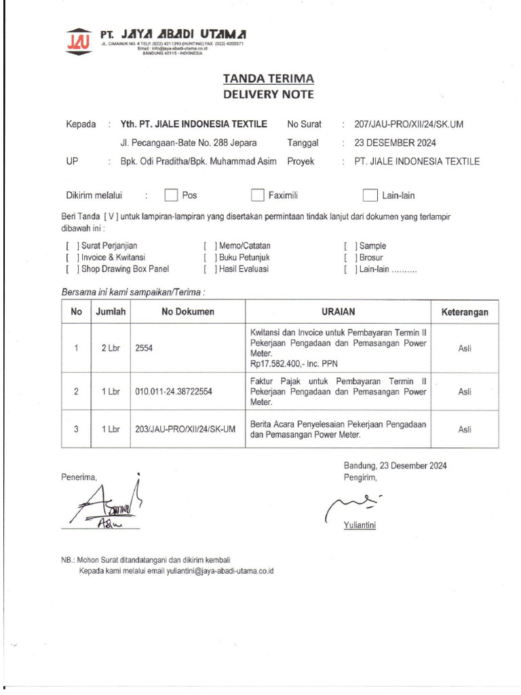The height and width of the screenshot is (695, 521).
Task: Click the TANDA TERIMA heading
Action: pyautogui.click(x=269, y=79)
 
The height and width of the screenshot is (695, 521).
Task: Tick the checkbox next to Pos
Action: pyautogui.click(x=171, y=195)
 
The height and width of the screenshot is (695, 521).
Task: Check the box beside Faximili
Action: pyautogui.click(x=257, y=195)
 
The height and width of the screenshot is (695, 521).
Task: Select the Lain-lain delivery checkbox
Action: pyautogui.click(x=369, y=195)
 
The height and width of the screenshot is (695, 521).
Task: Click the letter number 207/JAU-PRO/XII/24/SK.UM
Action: pyautogui.click(x=408, y=124)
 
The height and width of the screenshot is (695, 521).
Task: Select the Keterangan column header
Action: pyautogui.click(x=465, y=312)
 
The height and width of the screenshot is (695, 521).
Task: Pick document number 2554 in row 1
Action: pyautogui.click(x=144, y=348)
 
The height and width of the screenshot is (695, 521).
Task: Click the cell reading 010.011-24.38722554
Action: pyautogui.click(x=174, y=392)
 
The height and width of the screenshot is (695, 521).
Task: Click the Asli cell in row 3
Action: pyautogui.click(x=465, y=429)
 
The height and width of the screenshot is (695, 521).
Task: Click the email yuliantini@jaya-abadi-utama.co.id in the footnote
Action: pyautogui.click(x=207, y=571)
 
